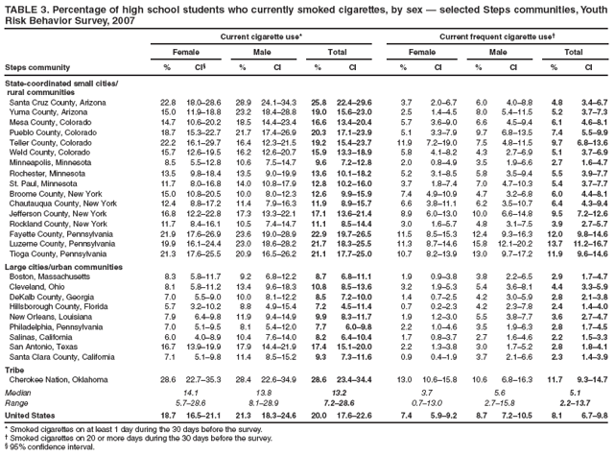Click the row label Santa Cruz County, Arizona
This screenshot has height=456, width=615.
click(53, 102)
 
